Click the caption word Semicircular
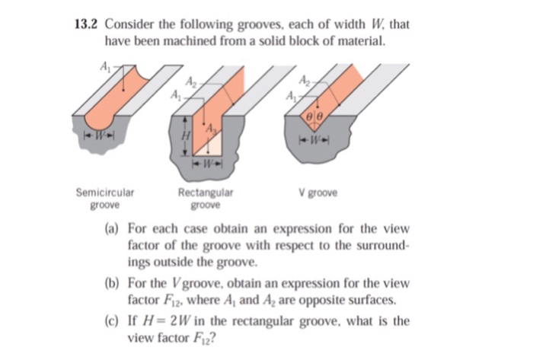click(104, 193)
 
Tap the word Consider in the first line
click(132, 25)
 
